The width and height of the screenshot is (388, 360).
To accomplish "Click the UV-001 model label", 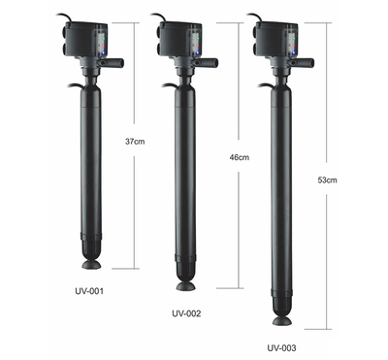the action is (89, 291).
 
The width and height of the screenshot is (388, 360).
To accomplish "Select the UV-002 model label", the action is (186, 313).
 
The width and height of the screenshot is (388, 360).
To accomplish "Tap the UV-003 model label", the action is (281, 348).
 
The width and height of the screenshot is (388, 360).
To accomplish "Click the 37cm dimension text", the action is (135, 142).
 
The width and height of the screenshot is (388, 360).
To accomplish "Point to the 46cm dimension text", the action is (240, 157).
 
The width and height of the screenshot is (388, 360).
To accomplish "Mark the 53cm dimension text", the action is (327, 180).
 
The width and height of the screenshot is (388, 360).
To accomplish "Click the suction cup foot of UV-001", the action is (91, 265).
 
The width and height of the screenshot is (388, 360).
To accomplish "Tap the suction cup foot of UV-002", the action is (186, 286).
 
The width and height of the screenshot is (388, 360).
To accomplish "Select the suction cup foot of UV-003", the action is (282, 320).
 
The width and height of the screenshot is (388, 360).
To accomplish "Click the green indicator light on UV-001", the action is (103, 38).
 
